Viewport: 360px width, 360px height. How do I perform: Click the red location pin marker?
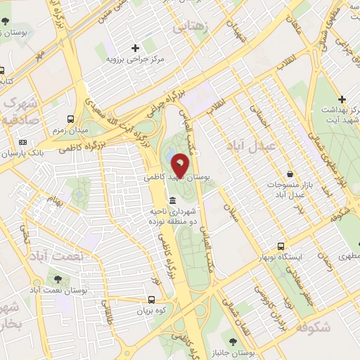click(180, 165)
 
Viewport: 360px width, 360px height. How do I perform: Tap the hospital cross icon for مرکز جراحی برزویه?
click(135, 47)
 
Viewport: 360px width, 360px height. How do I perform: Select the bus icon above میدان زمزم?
click(70, 119)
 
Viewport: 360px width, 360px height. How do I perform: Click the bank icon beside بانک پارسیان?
click(22, 142)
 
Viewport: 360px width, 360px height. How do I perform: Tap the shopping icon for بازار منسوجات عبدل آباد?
click(290, 174)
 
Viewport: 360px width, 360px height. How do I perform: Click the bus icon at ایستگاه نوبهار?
click(281, 246)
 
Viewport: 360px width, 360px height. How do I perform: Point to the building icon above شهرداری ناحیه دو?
click(172, 202)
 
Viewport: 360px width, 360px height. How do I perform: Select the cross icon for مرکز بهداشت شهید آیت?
click(342, 100)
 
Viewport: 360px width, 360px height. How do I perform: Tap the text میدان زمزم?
click(69, 131)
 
